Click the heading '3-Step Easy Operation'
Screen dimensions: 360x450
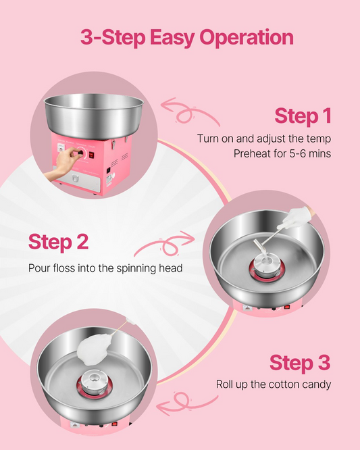pyautogui.click(x=186, y=38)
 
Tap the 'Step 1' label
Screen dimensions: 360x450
pyautogui.click(x=303, y=116)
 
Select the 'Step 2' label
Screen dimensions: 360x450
pyautogui.click(x=58, y=242)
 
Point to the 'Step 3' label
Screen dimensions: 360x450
pyautogui.click(x=300, y=362)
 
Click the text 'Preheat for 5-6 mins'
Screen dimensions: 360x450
pyautogui.click(x=282, y=153)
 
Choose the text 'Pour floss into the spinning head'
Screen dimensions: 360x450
pyautogui.click(x=105, y=268)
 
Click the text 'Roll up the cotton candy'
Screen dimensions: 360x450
pyautogui.click(x=274, y=384)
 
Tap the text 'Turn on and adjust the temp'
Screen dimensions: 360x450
pyautogui.click(x=264, y=139)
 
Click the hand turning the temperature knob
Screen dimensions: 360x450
pyautogui.click(x=63, y=164)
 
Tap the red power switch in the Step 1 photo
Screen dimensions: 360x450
pyautogui.click(x=91, y=155)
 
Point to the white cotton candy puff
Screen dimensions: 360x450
pyautogui.click(x=94, y=349)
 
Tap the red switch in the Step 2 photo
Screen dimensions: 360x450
pyautogui.click(x=287, y=307)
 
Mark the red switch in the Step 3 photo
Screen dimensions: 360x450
pyautogui.click(x=114, y=424)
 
